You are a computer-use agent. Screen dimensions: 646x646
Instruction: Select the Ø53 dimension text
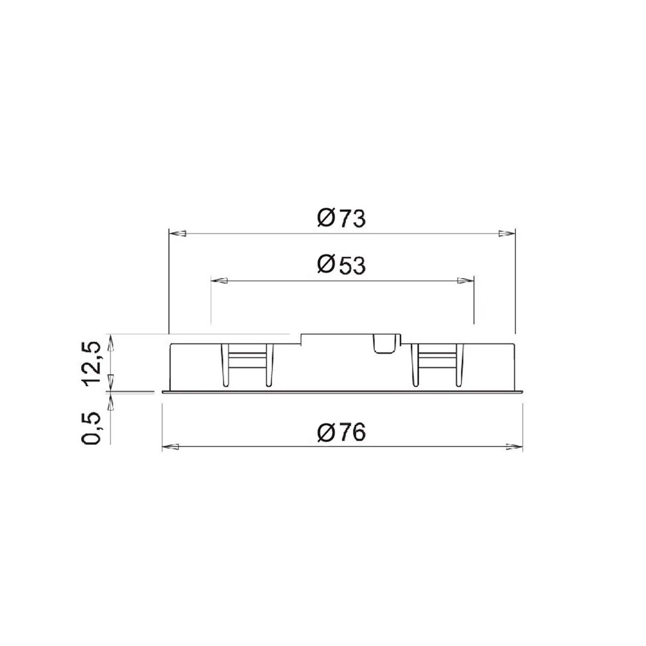341,265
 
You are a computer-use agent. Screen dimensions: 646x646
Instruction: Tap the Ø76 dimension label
341,432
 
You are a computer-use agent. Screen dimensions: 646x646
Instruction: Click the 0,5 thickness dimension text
92,427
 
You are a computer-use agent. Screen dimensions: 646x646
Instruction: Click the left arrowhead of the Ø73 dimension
178,234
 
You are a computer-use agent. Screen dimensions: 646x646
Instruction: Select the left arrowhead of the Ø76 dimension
171,447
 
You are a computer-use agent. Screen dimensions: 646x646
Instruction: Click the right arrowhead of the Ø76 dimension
514,447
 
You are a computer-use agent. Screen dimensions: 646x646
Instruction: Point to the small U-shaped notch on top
385,344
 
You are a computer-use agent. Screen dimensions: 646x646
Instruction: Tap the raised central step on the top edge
350,338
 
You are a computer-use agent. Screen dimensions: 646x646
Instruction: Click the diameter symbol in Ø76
325,432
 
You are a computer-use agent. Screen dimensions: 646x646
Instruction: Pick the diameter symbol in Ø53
325,265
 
